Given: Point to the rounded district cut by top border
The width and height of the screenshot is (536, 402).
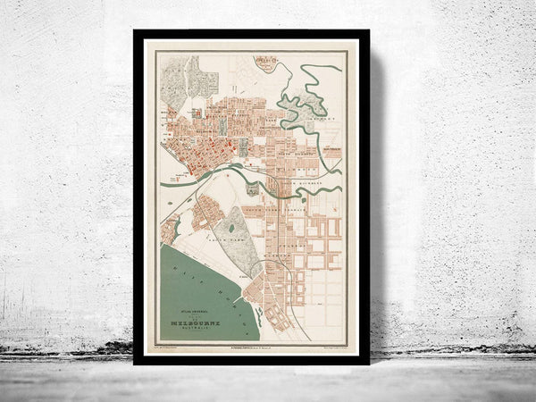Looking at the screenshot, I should [x=264, y=63].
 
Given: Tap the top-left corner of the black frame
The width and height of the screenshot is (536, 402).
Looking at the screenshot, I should [x=136, y=32].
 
